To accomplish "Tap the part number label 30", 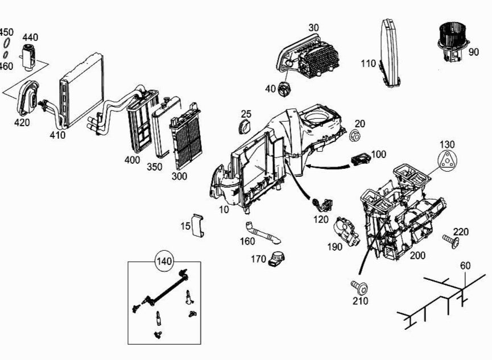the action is tap(313, 28).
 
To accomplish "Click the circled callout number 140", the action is tap(164, 261).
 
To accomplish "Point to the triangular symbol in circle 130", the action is tap(447, 161).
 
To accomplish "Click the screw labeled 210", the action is tap(359, 287).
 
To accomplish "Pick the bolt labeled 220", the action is tap(451, 241).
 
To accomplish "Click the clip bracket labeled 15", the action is tap(199, 225).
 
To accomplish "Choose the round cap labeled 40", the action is tap(284, 89).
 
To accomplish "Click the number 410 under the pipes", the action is tap(57, 135).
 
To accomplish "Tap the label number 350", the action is tap(154, 167).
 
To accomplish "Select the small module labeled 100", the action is tap(360, 159).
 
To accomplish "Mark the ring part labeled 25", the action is tap(245, 127).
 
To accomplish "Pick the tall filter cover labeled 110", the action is tap(390, 53).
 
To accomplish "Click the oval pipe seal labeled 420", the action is tap(28, 97).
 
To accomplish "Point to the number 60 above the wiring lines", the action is tap(465, 266).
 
